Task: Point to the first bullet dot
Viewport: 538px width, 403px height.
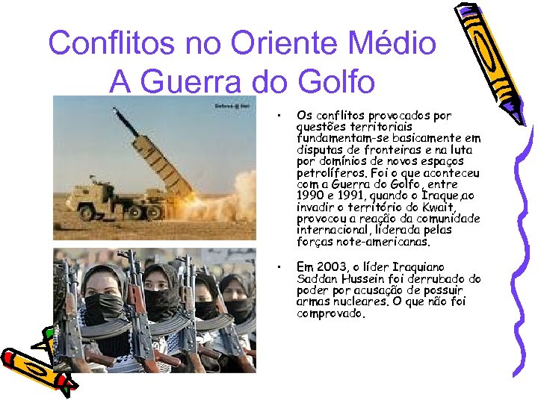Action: pos(277,116)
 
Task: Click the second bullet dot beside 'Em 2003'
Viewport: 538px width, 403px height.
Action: pos(277,266)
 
